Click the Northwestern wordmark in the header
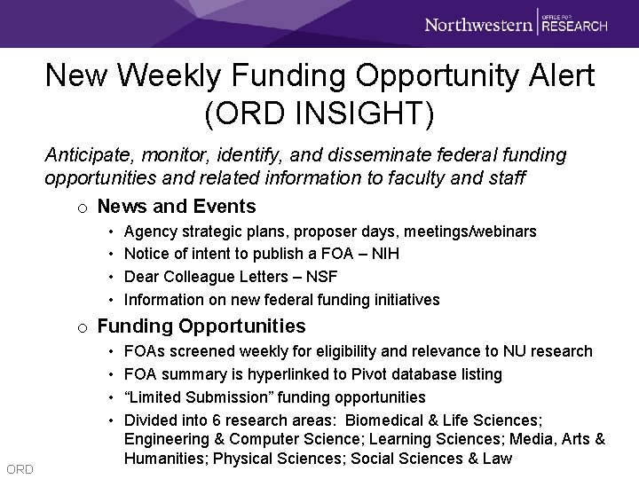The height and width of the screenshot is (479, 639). (478, 24)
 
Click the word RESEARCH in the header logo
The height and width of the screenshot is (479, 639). (575, 27)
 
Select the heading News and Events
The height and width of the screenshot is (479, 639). (177, 207)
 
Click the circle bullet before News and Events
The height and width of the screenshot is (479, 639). (83, 208)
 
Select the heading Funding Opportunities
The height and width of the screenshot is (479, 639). (201, 326)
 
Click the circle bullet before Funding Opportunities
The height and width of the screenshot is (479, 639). (83, 327)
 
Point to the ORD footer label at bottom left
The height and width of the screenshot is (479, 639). (19, 468)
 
